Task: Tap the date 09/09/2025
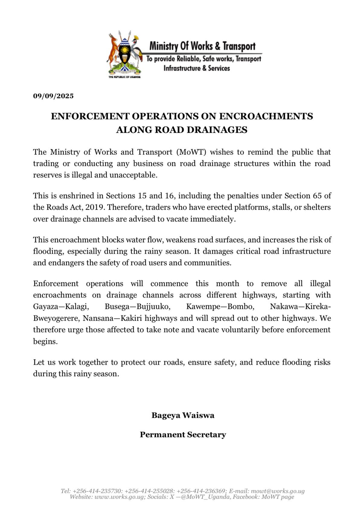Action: pyautogui.click(x=53, y=96)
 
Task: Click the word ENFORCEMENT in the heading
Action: pyautogui.click(x=90, y=116)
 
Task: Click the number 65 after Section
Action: pyautogui.click(x=317, y=196)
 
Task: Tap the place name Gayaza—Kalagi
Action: pyautogui.click(x=61, y=307)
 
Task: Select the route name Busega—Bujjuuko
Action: pyautogui.click(x=138, y=307)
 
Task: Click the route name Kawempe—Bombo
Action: pyautogui.click(x=220, y=307)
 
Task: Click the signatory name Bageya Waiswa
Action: pyautogui.click(x=183, y=415)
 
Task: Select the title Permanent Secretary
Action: pyautogui.click(x=183, y=435)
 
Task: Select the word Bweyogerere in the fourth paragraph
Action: pyautogui.click(x=56, y=319)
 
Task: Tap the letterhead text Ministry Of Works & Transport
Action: pyautogui.click(x=203, y=46)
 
